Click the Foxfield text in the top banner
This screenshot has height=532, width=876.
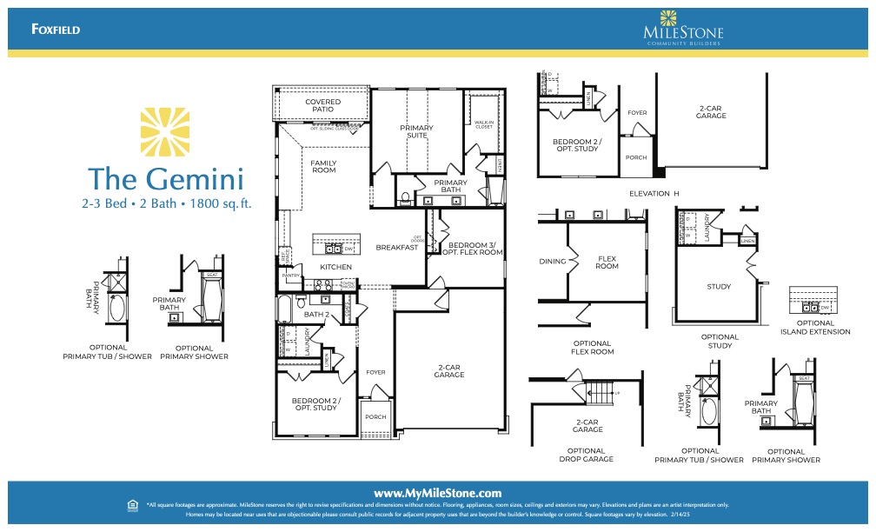pyautogui.click(x=56, y=30)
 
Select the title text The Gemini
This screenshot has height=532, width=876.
pyautogui.click(x=165, y=178)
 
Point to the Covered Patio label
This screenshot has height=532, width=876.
pyautogui.click(x=322, y=105)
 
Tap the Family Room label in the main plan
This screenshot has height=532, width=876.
pyautogui.click(x=323, y=166)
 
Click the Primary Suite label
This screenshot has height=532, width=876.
pyautogui.click(x=416, y=131)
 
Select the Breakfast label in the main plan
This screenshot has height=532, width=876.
pyautogui.click(x=396, y=247)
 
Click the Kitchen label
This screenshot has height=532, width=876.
pyautogui.click(x=335, y=266)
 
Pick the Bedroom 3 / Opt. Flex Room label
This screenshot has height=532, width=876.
pyautogui.click(x=473, y=249)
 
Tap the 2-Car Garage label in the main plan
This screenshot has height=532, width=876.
pyautogui.click(x=449, y=372)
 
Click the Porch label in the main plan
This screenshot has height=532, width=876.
pyautogui.click(x=375, y=416)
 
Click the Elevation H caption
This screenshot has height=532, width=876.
pyautogui.click(x=649, y=193)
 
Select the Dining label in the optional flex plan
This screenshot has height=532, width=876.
pyautogui.click(x=553, y=261)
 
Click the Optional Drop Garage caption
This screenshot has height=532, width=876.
pyautogui.click(x=587, y=455)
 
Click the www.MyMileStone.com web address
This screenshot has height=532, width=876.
pyautogui.click(x=438, y=492)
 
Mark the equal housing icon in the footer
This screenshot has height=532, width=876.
pyautogui.click(x=132, y=504)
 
